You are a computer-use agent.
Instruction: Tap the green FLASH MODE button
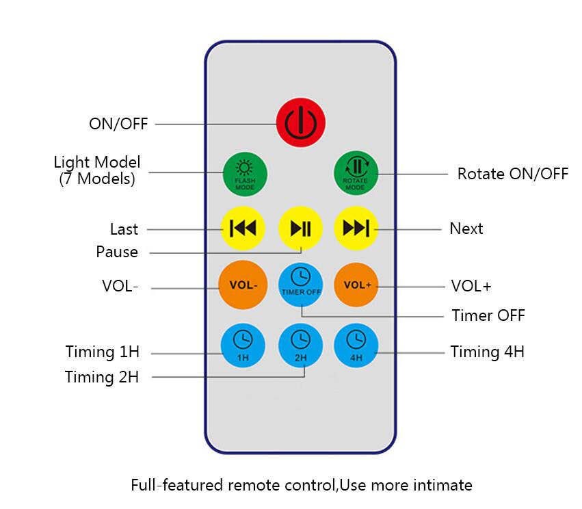[244, 173]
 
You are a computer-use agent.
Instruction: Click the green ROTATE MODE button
[355, 173]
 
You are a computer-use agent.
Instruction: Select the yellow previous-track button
[243, 228]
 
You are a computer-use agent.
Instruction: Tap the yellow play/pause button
[300, 228]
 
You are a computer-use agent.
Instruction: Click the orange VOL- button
[242, 284]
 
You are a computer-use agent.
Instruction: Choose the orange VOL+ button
[356, 284]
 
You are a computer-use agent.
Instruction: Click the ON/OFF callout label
[118, 124]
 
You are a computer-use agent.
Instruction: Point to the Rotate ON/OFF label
[512, 174]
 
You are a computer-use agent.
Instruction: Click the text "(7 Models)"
[97, 179]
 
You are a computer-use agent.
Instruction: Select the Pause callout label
[117, 252]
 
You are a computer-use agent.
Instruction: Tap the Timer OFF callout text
[488, 316]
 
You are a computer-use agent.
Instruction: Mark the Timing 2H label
[102, 377]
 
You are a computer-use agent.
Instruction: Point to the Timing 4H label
[487, 352]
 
